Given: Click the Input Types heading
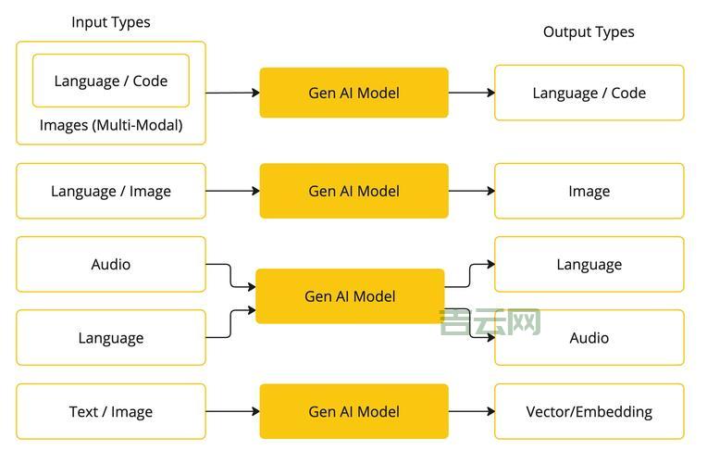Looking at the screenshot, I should pos(111,22).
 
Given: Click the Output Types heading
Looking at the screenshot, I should pos(589,31).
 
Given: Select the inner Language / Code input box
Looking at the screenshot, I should pos(111,81).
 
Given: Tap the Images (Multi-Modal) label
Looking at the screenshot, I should pos(111,125).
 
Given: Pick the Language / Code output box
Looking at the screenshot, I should pos(589,93).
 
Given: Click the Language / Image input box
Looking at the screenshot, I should pos(111,192).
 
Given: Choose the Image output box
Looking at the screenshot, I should pos(589,192).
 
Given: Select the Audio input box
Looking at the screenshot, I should pos(111,265).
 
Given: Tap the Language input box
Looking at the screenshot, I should pos(111,338).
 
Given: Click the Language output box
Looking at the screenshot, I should pos(589,265).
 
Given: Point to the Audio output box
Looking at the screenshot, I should pos(589,338).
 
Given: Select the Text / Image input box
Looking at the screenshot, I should pos(111,412).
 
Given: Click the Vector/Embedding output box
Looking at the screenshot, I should pos(589,412).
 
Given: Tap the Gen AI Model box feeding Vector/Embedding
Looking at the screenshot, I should pos(353,412).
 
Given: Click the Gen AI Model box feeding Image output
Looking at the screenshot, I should pos(353,192).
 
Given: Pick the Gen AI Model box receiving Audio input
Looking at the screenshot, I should pos(350,296).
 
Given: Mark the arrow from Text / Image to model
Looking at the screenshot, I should pos(232,412).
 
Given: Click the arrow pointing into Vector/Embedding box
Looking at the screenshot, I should pos(472,412).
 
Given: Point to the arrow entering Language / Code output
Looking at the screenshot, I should pos(472,93).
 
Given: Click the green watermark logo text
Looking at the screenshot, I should pos(490,322).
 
